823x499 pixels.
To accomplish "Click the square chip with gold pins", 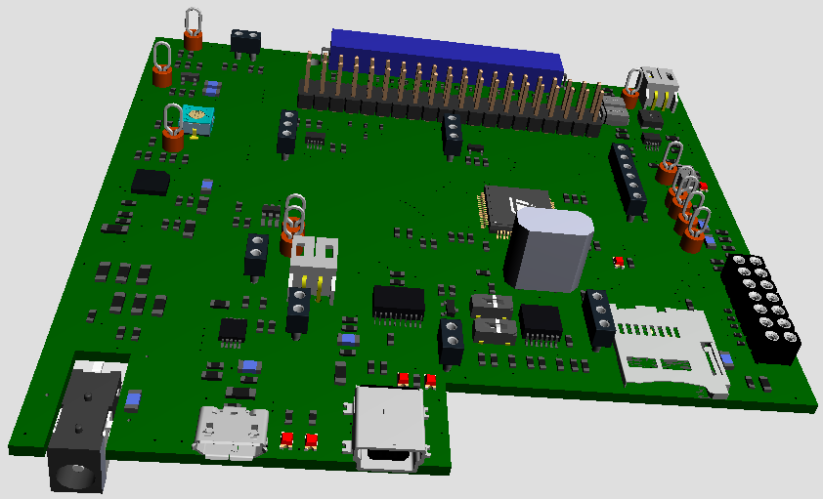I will pyautogui.click(x=510, y=207).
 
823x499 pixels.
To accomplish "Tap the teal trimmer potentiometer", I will pyautogui.click(x=198, y=119).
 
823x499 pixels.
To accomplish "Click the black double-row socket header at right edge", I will pyautogui.click(x=763, y=307).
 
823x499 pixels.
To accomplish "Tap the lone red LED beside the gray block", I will pyautogui.click(x=619, y=260).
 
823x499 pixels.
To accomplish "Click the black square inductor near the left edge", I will pyautogui.click(x=152, y=182).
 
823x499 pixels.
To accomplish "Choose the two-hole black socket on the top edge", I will pyautogui.click(x=245, y=41).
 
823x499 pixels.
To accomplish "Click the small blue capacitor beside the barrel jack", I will pyautogui.click(x=133, y=397).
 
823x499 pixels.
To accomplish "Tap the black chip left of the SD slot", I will pyautogui.click(x=541, y=320).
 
